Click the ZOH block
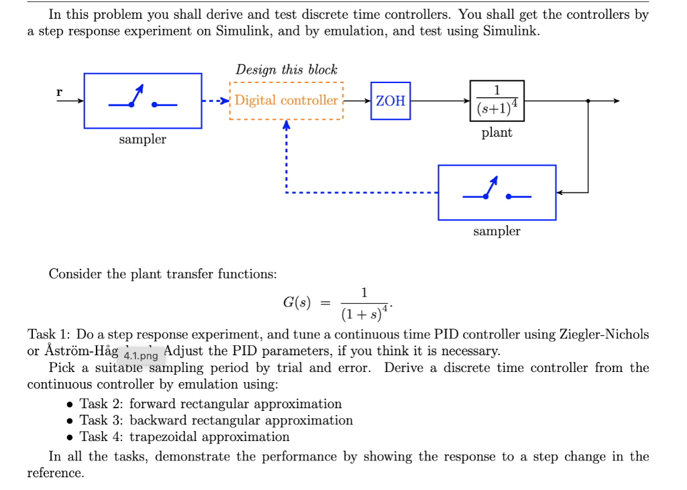[x=390, y=101]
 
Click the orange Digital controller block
[x=286, y=101]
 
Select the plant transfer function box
[x=496, y=101]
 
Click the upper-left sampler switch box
[x=142, y=101]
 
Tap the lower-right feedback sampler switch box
[x=496, y=192]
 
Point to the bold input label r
[x=60, y=92]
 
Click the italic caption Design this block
[x=286, y=70]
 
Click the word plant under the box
[x=496, y=133]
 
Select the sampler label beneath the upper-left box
[x=142, y=139]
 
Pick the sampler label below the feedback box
[x=496, y=231]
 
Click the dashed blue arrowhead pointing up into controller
[x=286, y=125]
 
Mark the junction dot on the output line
[x=588, y=101]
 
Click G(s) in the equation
[x=295, y=302]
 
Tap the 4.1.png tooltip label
[x=141, y=355]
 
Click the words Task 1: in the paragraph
[x=50, y=334]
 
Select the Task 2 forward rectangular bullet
[x=211, y=404]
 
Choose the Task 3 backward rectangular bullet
[x=216, y=420]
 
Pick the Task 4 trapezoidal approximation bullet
[x=184, y=437]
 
